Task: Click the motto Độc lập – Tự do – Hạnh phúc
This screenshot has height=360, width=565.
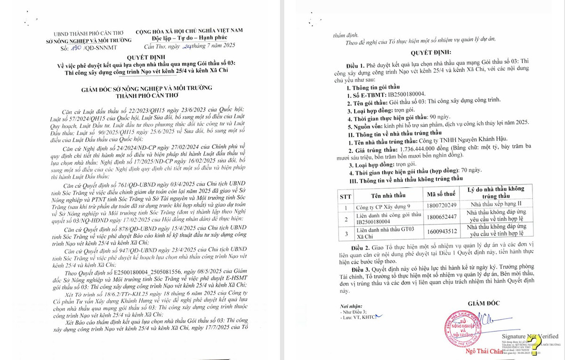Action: coord(190,38)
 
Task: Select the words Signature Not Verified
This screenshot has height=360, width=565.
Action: coord(529,336)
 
